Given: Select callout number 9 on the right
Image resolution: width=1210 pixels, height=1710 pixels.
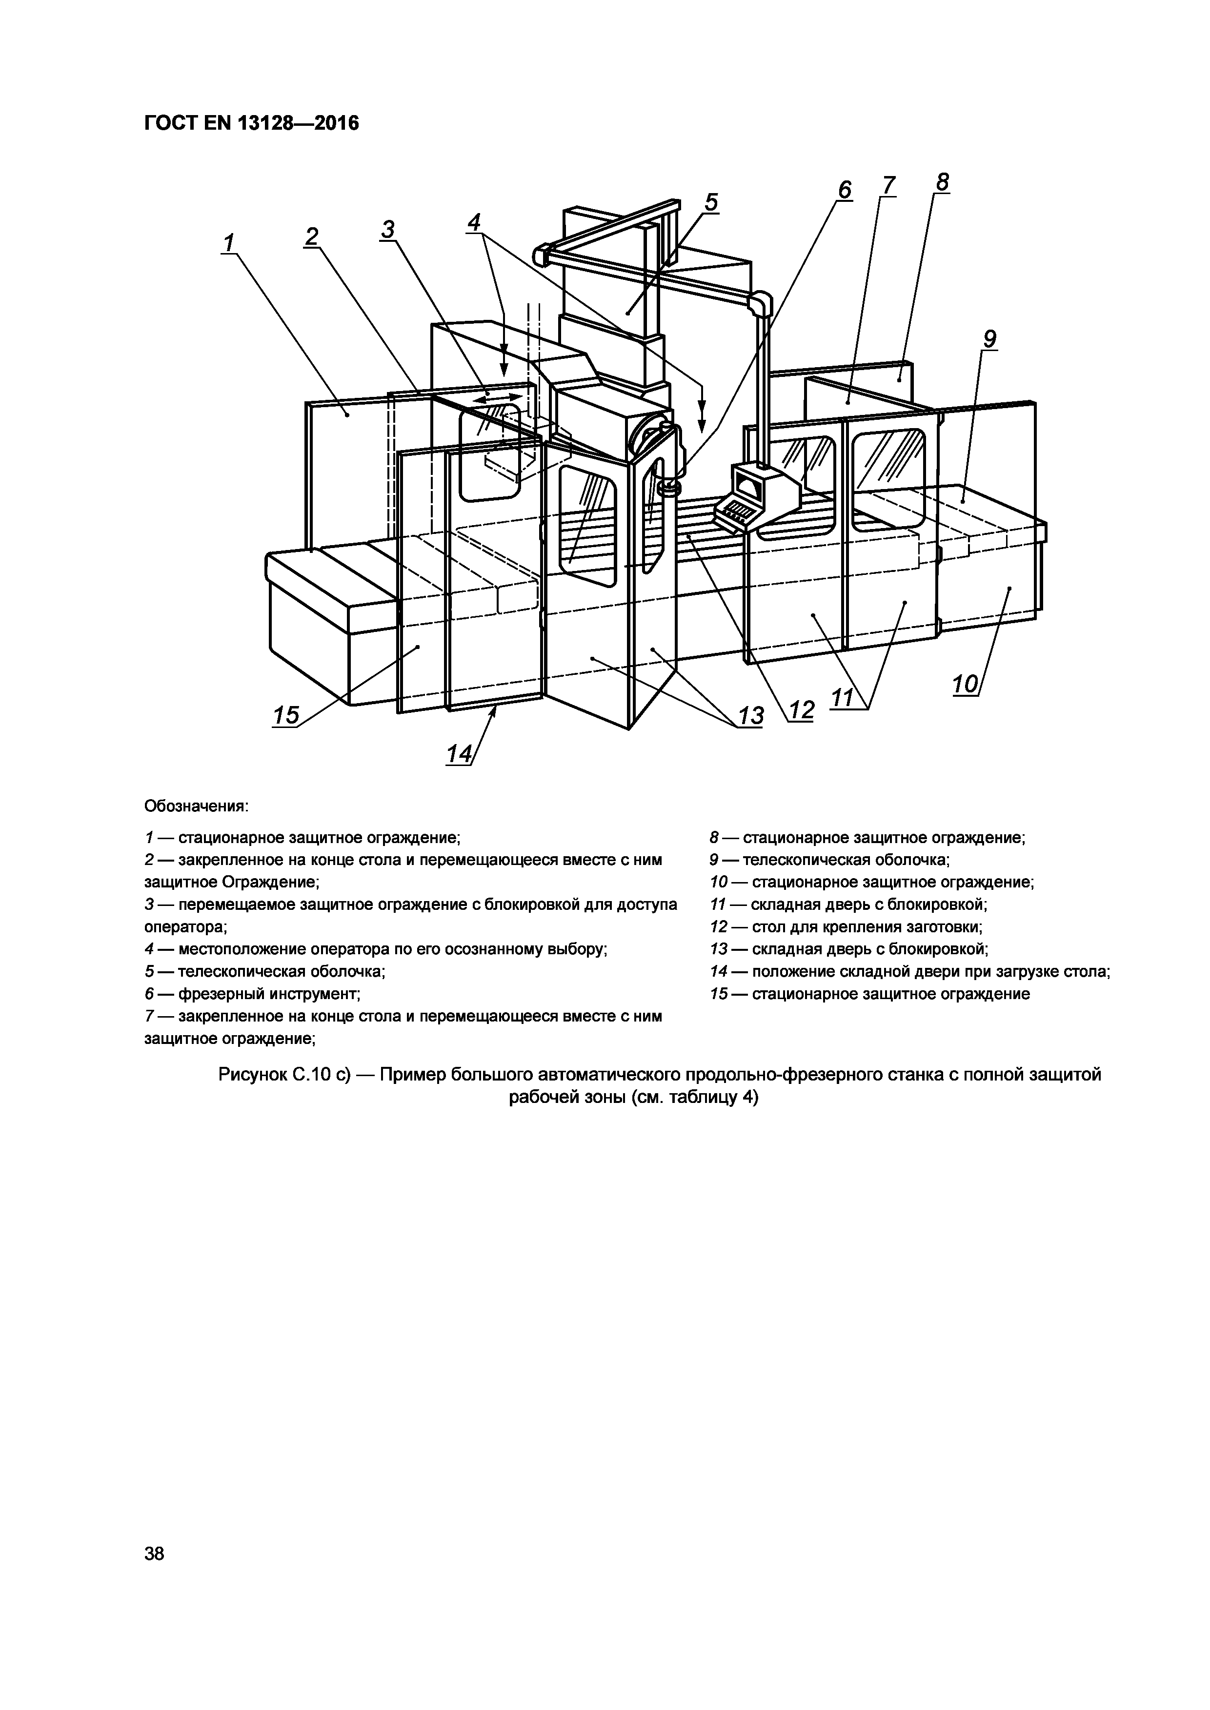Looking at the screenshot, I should coord(988,340).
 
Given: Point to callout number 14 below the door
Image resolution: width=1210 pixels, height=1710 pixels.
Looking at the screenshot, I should coord(459,754).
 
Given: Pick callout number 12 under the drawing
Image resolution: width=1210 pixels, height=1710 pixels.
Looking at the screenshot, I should coord(802,710).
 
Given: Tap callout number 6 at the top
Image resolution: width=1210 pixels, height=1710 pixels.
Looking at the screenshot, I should coord(844,190).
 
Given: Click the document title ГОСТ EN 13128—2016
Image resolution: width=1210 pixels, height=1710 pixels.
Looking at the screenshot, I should coord(251,123).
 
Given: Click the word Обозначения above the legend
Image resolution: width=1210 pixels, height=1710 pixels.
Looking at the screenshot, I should coord(195,806).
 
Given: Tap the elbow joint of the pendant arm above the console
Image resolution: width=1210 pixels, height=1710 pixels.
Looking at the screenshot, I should coord(759,302).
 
